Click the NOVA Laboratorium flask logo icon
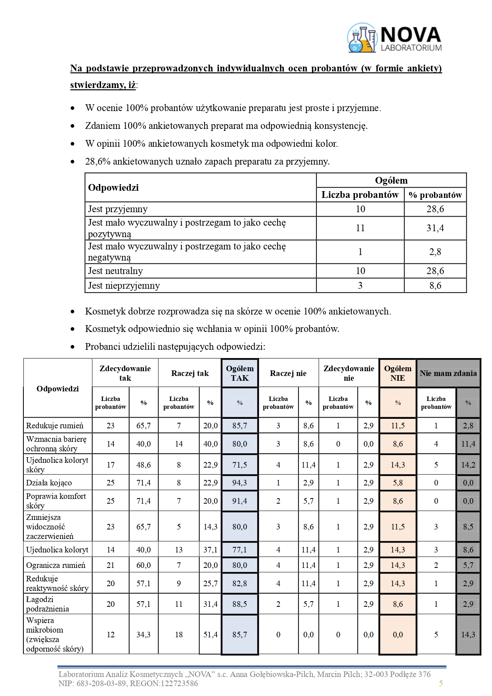tap(362, 38)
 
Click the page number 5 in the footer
tap(440, 683)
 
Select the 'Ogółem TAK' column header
tap(240, 373)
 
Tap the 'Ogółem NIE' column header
tap(398, 373)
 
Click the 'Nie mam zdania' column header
tap(448, 373)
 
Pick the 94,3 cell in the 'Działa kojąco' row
tap(240, 483)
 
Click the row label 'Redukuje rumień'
tap(55, 426)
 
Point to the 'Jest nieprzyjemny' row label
tap(124, 286)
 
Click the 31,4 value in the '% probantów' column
tap(435, 228)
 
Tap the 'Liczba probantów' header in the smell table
tap(360, 195)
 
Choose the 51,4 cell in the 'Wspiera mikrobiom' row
tap(211, 635)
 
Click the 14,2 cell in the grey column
tap(468, 465)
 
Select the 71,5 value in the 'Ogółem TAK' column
tap(240, 465)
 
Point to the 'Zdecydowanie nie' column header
tap(348, 373)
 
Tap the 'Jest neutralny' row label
tap(115, 271)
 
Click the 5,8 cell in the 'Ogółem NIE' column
tap(398, 483)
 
